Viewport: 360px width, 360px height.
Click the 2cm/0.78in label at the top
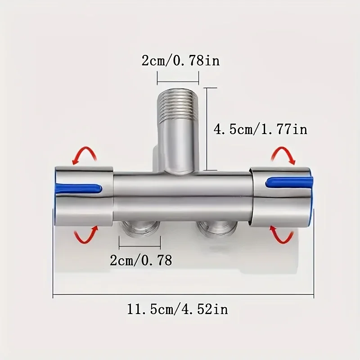click(x=180, y=60)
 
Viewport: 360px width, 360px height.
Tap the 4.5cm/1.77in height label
click(x=260, y=130)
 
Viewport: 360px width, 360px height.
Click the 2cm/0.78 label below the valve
click(x=141, y=260)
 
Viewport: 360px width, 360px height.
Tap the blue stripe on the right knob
click(x=288, y=182)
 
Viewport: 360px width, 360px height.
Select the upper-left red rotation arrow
click(x=85, y=156)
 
